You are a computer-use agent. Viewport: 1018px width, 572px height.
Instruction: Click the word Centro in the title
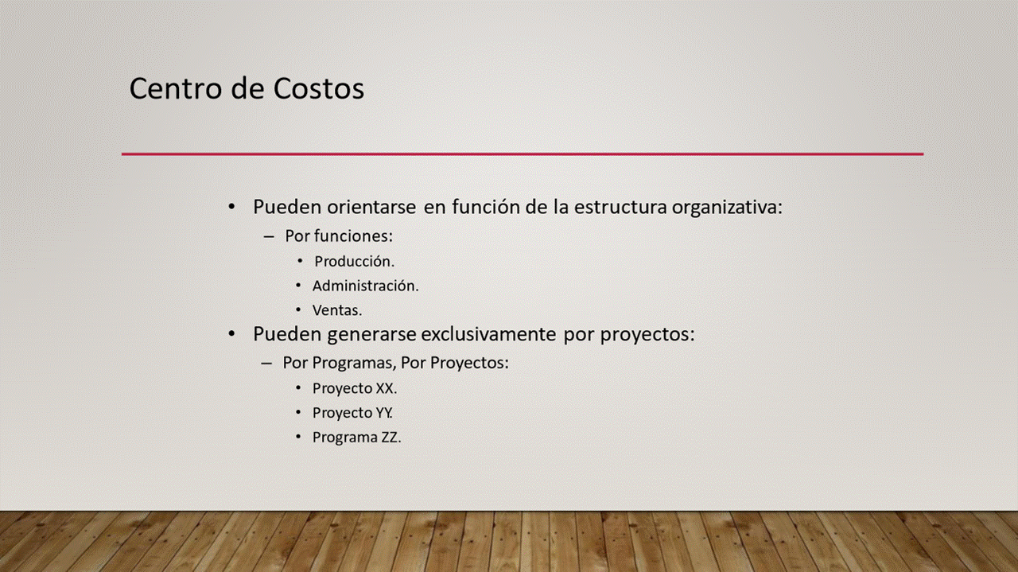[x=177, y=88]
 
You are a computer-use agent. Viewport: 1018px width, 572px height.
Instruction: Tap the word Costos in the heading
[x=319, y=88]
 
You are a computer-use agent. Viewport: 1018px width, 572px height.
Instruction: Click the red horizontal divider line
[x=523, y=154]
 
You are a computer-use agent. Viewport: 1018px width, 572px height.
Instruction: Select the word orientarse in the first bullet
[x=371, y=207]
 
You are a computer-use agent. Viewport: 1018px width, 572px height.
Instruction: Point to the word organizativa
[x=727, y=208]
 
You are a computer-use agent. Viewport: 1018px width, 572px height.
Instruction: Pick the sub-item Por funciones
[x=339, y=236]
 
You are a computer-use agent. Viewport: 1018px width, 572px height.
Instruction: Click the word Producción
[x=355, y=262]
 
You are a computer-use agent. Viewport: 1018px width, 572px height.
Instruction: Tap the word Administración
[x=365, y=286]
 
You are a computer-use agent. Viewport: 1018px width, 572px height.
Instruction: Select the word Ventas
[x=337, y=310]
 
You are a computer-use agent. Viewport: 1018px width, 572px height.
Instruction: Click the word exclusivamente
[x=488, y=334]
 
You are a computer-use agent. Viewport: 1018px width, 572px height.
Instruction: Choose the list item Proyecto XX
[x=355, y=389]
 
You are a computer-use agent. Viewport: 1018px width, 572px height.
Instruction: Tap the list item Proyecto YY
[x=352, y=414]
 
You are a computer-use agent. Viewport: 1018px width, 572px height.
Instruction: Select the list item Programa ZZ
[x=357, y=438]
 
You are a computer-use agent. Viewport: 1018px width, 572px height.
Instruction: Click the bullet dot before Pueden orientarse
[x=231, y=208]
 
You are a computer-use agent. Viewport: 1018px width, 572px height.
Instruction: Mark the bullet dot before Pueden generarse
[x=231, y=334]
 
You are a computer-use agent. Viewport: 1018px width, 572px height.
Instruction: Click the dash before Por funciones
[x=269, y=237]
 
